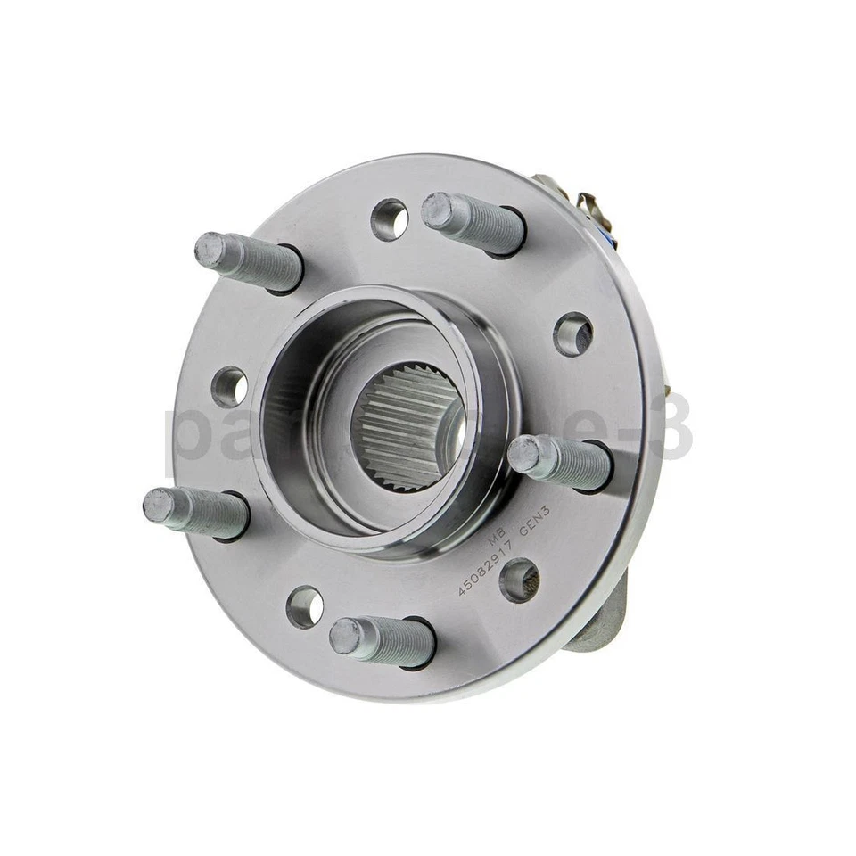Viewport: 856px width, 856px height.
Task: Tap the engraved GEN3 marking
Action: pyautogui.click(x=533, y=524)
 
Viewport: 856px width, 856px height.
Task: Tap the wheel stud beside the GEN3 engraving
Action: pyautogui.click(x=562, y=461)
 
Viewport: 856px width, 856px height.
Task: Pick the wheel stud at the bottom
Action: pyautogui.click(x=383, y=641)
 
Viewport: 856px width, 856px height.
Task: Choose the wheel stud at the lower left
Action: pyautogui.click(x=197, y=512)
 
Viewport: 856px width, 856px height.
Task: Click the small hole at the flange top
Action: pyautogui.click(x=389, y=219)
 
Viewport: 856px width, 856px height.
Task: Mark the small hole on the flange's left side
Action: pyautogui.click(x=230, y=387)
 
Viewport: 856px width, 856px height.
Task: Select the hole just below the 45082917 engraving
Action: pyautogui.click(x=519, y=580)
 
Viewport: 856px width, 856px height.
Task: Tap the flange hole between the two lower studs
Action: pyautogui.click(x=305, y=606)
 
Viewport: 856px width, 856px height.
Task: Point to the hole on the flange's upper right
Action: pyautogui.click(x=572, y=334)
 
